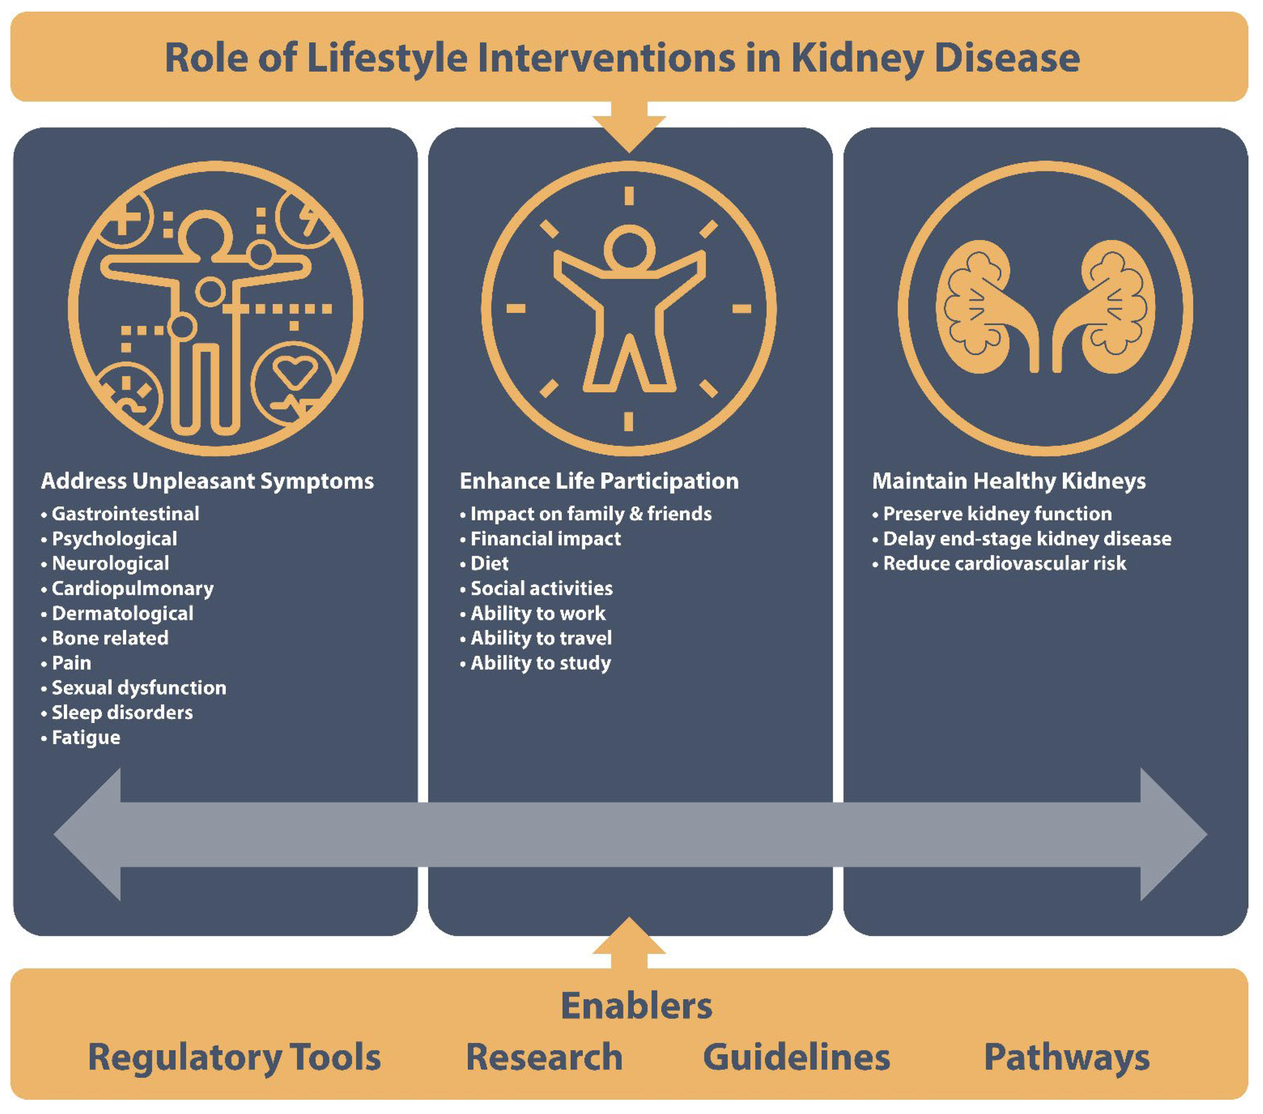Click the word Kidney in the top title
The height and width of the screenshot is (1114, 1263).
(x=856, y=59)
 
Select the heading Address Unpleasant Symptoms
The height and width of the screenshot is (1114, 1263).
(x=207, y=481)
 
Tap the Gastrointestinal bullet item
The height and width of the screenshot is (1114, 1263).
(x=125, y=514)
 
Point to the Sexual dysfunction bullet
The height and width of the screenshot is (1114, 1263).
(x=138, y=688)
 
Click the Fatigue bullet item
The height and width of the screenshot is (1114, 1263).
(x=85, y=737)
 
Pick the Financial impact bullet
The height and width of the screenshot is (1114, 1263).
(x=545, y=539)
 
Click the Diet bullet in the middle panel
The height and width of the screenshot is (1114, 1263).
(x=489, y=563)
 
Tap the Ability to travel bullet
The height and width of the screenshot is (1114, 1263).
(x=541, y=638)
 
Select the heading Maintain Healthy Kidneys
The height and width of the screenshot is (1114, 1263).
(x=1008, y=481)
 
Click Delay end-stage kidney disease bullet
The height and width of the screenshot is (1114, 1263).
(x=1027, y=539)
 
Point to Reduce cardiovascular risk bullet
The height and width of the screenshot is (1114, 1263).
(x=1004, y=563)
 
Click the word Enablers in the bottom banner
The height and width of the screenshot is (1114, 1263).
(x=636, y=1006)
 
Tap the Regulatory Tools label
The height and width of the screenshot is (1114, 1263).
(x=234, y=1057)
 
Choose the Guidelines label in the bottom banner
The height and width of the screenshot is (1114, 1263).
(x=796, y=1057)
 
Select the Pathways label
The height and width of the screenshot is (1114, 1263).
(x=1067, y=1057)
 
